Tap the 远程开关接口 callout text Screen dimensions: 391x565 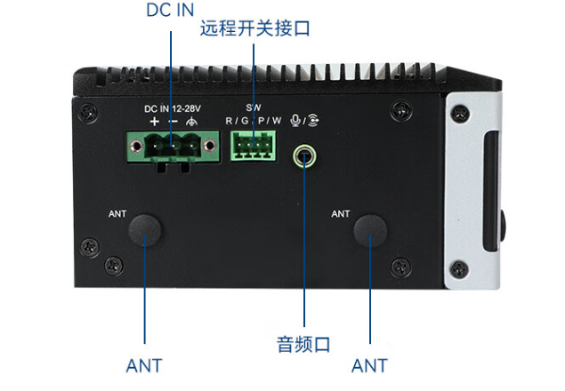(x=255, y=29)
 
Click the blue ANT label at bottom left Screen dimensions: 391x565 (x=144, y=365)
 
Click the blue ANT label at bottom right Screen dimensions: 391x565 (x=369, y=365)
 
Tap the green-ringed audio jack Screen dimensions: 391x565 (x=305, y=156)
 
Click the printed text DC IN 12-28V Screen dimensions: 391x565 (x=174, y=108)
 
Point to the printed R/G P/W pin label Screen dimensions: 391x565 (x=253, y=120)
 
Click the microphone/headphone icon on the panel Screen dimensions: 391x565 (x=307, y=120)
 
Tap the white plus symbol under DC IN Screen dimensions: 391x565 (x=154, y=121)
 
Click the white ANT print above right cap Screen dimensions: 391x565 (x=341, y=213)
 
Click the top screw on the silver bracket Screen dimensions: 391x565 (x=459, y=113)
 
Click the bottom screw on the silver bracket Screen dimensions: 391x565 (x=459, y=267)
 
